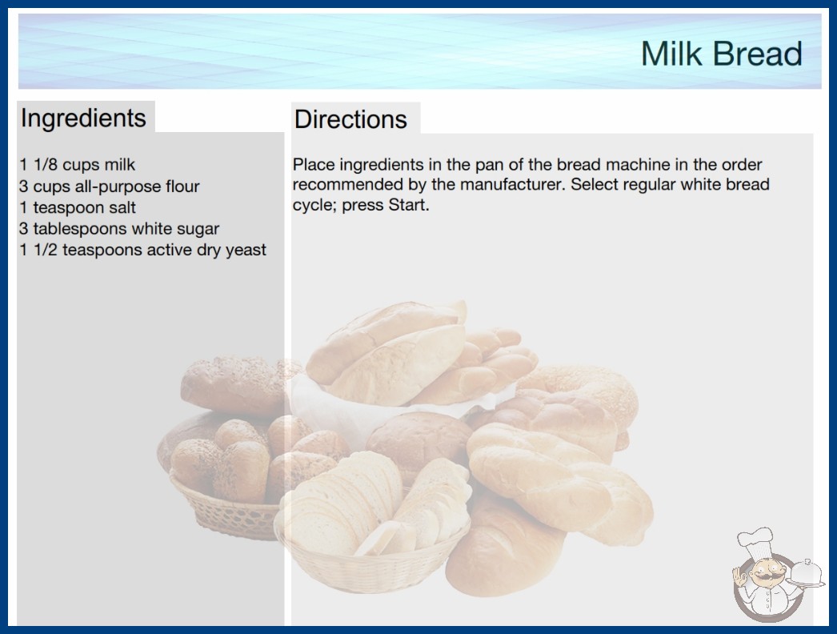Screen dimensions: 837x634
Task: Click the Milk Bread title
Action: [721, 54]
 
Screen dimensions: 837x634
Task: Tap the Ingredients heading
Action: [83, 118]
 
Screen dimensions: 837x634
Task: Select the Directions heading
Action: [350, 119]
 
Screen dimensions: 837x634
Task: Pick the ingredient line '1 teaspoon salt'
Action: [78, 207]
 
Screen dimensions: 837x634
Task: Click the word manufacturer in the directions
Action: [512, 184]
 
